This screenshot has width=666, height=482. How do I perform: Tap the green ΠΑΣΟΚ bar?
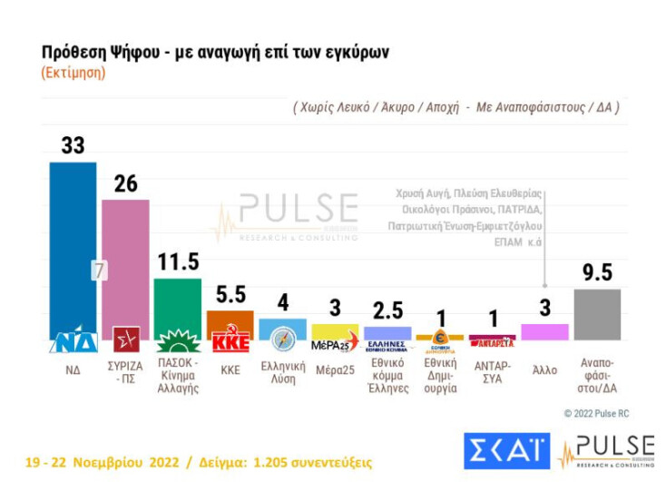(178, 304)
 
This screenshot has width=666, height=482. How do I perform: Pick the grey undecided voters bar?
(597, 314)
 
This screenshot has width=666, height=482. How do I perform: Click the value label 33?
(73, 145)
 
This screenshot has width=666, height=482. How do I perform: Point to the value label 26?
(125, 183)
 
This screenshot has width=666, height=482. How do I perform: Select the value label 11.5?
(178, 262)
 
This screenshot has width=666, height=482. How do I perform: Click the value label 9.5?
(597, 273)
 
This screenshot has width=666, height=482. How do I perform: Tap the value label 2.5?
(387, 310)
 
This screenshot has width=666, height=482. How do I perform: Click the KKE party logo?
(230, 342)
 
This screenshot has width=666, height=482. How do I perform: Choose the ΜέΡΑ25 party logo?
(335, 345)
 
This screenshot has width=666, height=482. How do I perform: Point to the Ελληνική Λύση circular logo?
(283, 339)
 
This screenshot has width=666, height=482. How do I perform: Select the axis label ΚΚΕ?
(230, 369)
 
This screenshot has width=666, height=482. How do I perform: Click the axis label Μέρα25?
(335, 369)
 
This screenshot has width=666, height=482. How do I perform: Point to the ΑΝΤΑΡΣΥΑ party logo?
(493, 342)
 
